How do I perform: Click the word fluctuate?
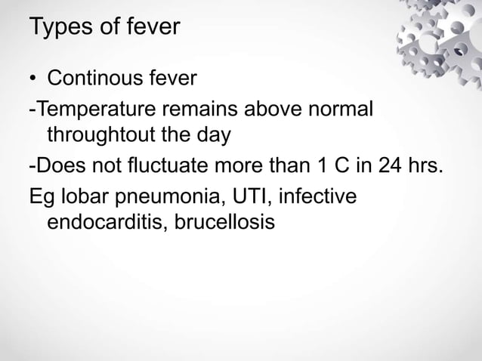pyautogui.click(x=181, y=165)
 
